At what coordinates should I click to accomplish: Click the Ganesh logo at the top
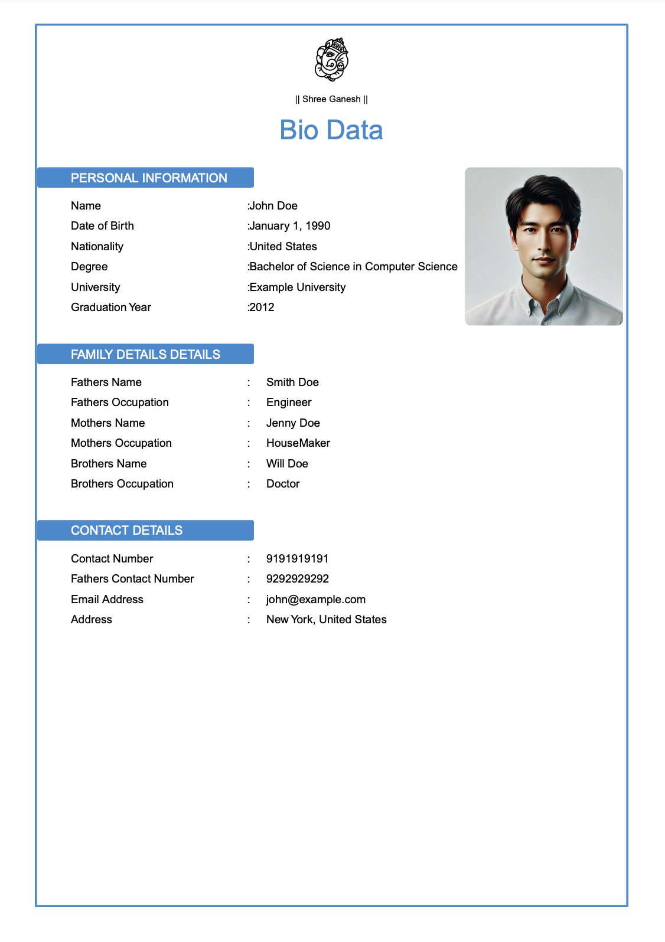point(331,60)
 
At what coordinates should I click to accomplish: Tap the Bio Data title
point(331,130)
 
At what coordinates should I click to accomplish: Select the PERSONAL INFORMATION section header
point(148,178)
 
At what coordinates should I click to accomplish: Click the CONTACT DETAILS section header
point(126,530)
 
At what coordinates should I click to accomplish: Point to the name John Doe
point(273,205)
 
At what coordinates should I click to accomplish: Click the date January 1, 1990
point(289,225)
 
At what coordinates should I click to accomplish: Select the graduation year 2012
point(262,307)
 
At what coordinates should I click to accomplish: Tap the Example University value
point(297,287)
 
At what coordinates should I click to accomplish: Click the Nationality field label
point(97,246)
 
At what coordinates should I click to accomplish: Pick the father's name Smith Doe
point(292,382)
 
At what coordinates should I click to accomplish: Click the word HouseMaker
point(298,443)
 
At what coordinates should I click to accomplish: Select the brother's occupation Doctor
point(283,483)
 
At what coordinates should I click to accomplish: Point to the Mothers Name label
point(107,423)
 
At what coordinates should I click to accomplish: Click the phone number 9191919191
point(297,558)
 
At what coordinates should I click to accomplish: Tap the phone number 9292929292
point(297,578)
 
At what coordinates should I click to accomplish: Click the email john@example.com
point(315,599)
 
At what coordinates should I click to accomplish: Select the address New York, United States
point(326,619)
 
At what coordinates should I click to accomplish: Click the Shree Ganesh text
point(331,99)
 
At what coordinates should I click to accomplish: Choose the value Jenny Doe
point(293,423)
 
